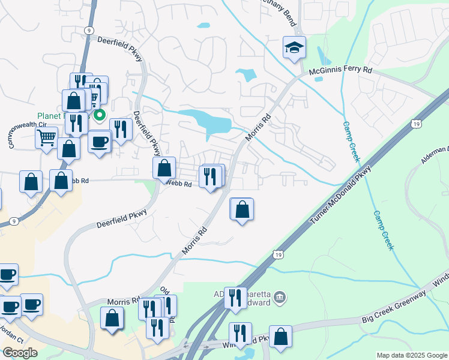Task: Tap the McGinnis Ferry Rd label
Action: point(340,71)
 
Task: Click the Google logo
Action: point(20,352)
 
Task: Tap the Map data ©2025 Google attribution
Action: point(412,355)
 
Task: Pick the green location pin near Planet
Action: point(100,115)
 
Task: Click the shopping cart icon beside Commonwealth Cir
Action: point(46,137)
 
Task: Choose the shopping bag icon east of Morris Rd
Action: point(242,210)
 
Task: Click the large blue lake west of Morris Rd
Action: point(210,121)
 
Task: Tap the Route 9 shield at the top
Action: point(89,29)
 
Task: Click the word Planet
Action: point(49,116)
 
